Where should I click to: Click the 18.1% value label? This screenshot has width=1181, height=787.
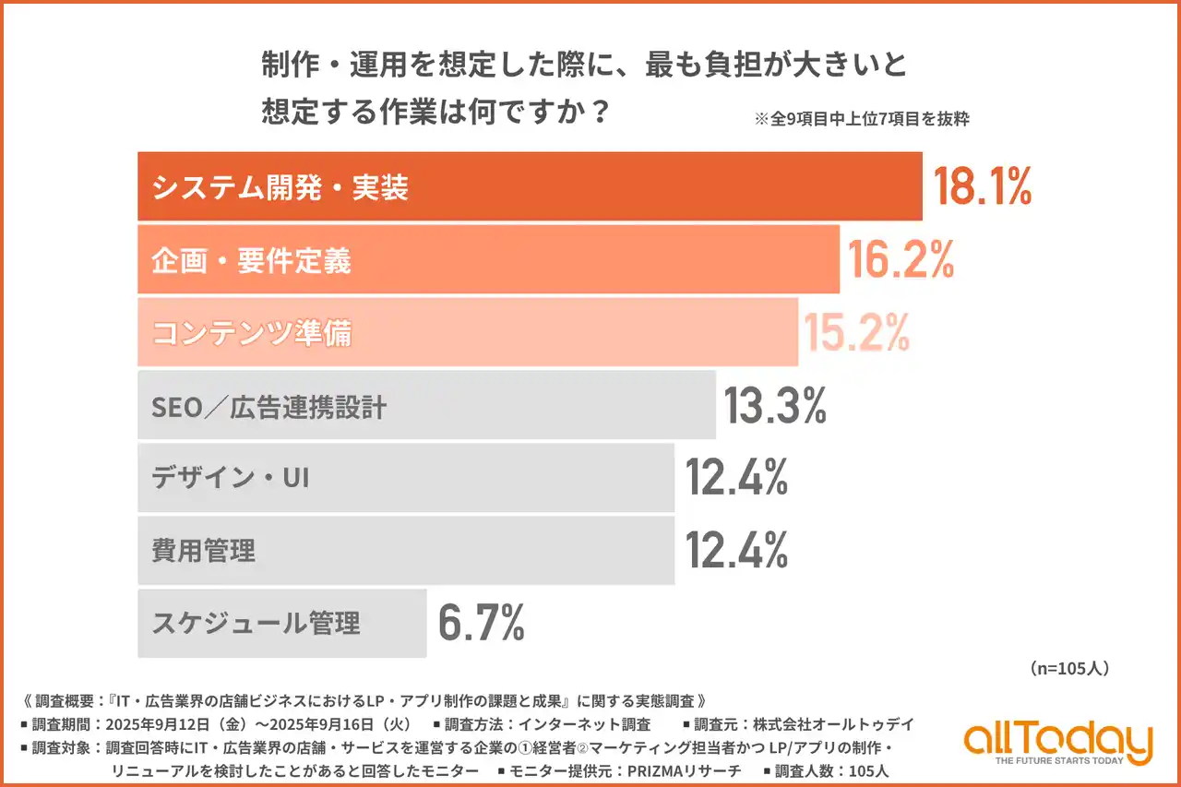coord(982,187)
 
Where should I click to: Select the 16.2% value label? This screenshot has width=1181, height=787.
coord(901,261)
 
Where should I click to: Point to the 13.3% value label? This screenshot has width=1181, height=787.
coord(774,406)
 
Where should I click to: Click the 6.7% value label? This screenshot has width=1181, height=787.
coord(481,624)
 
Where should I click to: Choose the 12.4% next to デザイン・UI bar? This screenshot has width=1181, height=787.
coord(735,478)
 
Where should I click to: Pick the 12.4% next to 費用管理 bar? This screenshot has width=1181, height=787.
coord(735,551)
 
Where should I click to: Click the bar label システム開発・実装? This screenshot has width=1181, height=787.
coord(280,188)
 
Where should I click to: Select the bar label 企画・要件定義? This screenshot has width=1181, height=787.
coord(251,261)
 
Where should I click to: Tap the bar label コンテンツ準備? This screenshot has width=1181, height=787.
coord(251,333)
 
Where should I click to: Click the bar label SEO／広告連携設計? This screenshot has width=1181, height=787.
coord(268,407)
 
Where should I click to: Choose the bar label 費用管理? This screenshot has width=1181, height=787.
coord(203,552)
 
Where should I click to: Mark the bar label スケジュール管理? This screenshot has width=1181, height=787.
coord(256,624)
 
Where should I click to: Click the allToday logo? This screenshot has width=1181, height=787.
coord(1058,740)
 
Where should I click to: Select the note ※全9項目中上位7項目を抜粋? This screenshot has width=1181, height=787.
coord(861,119)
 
